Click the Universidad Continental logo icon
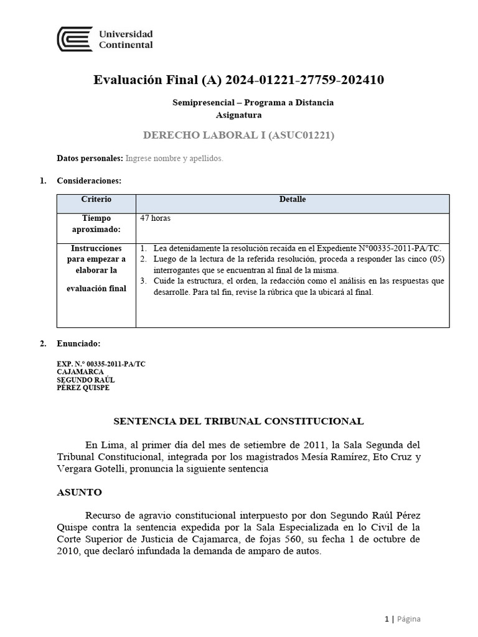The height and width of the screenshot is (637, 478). tap(75, 39)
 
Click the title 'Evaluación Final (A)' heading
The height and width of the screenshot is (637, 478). tap(238, 80)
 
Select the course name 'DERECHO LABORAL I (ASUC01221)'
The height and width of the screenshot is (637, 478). tap(238, 135)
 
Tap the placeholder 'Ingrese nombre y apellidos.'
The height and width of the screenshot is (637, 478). tap(174, 159)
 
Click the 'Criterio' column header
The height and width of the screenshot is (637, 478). tap(96, 200)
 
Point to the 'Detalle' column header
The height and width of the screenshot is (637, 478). tap(292, 200)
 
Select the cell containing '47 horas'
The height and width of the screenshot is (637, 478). tap(156, 218)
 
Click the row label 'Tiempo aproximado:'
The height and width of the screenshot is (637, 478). tap(96, 224)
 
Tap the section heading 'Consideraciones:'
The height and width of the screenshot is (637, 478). tap(89, 181)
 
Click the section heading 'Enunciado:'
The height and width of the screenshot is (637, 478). tap(78, 344)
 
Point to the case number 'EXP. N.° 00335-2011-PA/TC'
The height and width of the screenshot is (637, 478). tap(101, 364)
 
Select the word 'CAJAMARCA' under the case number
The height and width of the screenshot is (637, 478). tap(80, 372)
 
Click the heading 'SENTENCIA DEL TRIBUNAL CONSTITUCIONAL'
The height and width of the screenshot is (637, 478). tap(238, 421)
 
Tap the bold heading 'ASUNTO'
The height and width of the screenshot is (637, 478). tap(79, 492)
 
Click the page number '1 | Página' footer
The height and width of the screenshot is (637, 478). tap(402, 618)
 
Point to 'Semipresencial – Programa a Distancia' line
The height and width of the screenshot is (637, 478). tap(253, 102)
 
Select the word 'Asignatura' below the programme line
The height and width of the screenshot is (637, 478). tap(238, 114)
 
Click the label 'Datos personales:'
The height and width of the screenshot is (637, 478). tap(90, 159)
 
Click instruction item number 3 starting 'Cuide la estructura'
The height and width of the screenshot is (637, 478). tap(293, 286)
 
